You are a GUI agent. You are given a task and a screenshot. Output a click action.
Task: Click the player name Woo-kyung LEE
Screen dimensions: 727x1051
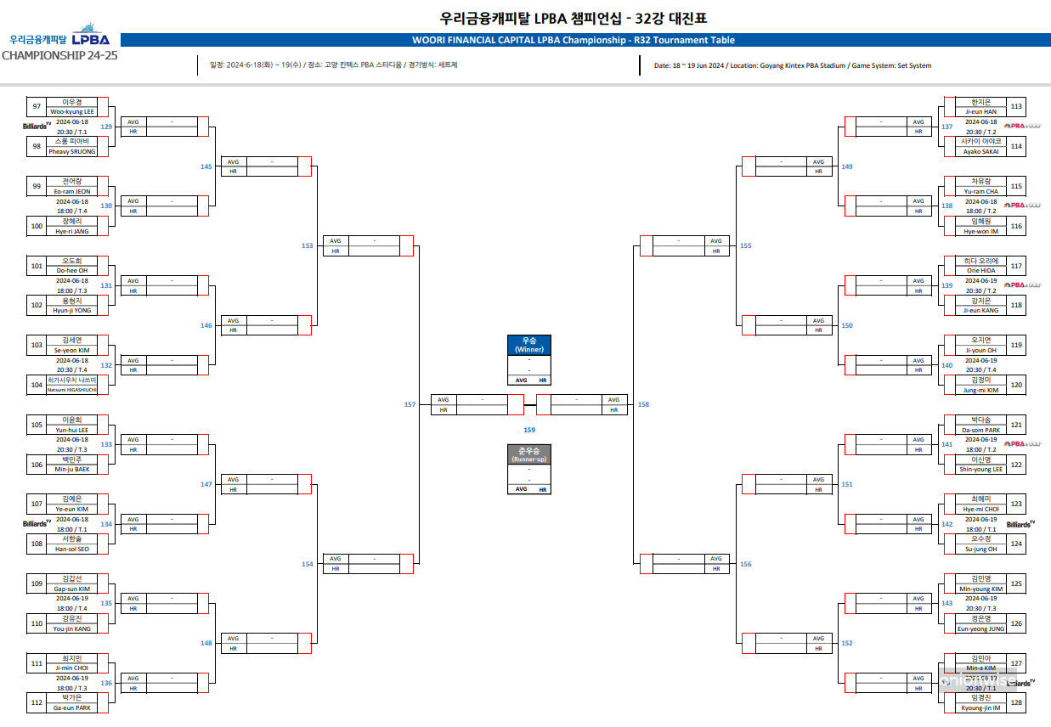click(x=72, y=111)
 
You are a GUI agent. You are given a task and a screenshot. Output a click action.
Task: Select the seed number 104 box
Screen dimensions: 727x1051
click(x=37, y=385)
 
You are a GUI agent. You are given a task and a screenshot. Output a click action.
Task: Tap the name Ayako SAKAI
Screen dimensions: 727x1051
click(x=981, y=151)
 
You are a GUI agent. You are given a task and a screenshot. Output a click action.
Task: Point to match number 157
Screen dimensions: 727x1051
click(x=410, y=404)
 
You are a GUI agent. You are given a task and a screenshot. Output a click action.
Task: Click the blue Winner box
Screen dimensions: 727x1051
click(x=528, y=345)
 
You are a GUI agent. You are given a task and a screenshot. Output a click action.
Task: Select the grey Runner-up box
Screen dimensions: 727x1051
click(x=528, y=454)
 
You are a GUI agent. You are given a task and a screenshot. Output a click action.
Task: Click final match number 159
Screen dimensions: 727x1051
click(x=529, y=431)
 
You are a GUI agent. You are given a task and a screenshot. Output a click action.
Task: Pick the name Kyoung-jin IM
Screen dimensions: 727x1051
click(x=981, y=707)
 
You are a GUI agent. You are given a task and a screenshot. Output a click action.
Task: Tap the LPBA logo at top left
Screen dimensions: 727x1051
click(x=90, y=38)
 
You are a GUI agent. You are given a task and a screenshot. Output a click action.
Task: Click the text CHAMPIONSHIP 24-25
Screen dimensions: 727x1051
click(x=59, y=55)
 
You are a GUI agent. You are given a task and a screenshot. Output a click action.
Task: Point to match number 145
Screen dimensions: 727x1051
click(x=206, y=166)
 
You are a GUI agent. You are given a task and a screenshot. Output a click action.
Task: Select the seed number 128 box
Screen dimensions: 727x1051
click(x=1016, y=703)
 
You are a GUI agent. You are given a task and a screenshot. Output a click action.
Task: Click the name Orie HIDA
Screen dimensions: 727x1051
click(x=981, y=270)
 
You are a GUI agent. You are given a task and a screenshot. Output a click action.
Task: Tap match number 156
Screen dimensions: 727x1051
click(x=745, y=564)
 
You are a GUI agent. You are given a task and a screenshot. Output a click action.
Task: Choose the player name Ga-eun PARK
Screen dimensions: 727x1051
click(x=72, y=707)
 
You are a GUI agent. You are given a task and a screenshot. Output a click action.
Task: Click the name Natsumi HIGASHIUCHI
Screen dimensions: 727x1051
click(x=72, y=390)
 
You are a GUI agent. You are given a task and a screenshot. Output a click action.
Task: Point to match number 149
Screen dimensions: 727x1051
click(x=846, y=166)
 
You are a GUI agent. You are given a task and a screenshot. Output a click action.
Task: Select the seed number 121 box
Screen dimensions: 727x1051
click(x=1016, y=425)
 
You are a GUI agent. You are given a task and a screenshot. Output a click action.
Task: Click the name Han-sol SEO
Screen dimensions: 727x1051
click(x=72, y=549)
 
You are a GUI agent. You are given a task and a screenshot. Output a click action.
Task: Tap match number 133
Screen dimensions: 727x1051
click(x=106, y=444)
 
